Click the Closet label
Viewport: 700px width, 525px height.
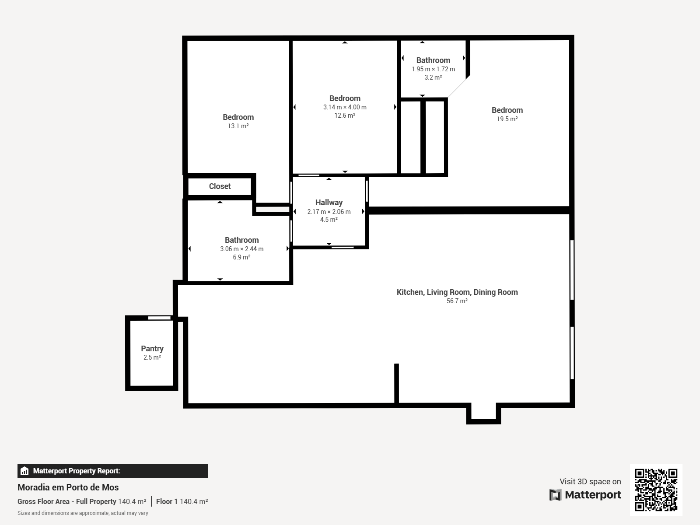220,186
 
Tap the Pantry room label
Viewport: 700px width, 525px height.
152,349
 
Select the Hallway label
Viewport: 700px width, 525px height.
329,203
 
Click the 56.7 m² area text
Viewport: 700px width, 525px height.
457,301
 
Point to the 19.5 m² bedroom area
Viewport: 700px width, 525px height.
507,119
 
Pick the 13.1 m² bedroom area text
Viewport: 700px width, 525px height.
238,126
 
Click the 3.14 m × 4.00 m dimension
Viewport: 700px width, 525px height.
345,107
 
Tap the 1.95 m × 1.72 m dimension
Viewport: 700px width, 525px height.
433,69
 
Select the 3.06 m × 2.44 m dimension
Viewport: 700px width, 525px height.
242,249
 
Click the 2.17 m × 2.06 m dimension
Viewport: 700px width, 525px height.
329,212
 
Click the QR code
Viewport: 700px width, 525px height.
656,490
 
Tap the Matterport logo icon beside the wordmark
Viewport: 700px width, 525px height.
555,495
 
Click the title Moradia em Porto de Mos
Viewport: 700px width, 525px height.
68,487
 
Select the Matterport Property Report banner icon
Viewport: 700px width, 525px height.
24,471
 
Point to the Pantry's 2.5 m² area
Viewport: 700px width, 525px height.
152,357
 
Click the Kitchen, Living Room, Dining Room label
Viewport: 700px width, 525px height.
457,292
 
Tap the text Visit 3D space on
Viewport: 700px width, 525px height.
590,482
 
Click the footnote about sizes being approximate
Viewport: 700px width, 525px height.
83,513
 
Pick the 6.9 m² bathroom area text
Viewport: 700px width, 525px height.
241,257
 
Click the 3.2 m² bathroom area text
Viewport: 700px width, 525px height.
433,77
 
